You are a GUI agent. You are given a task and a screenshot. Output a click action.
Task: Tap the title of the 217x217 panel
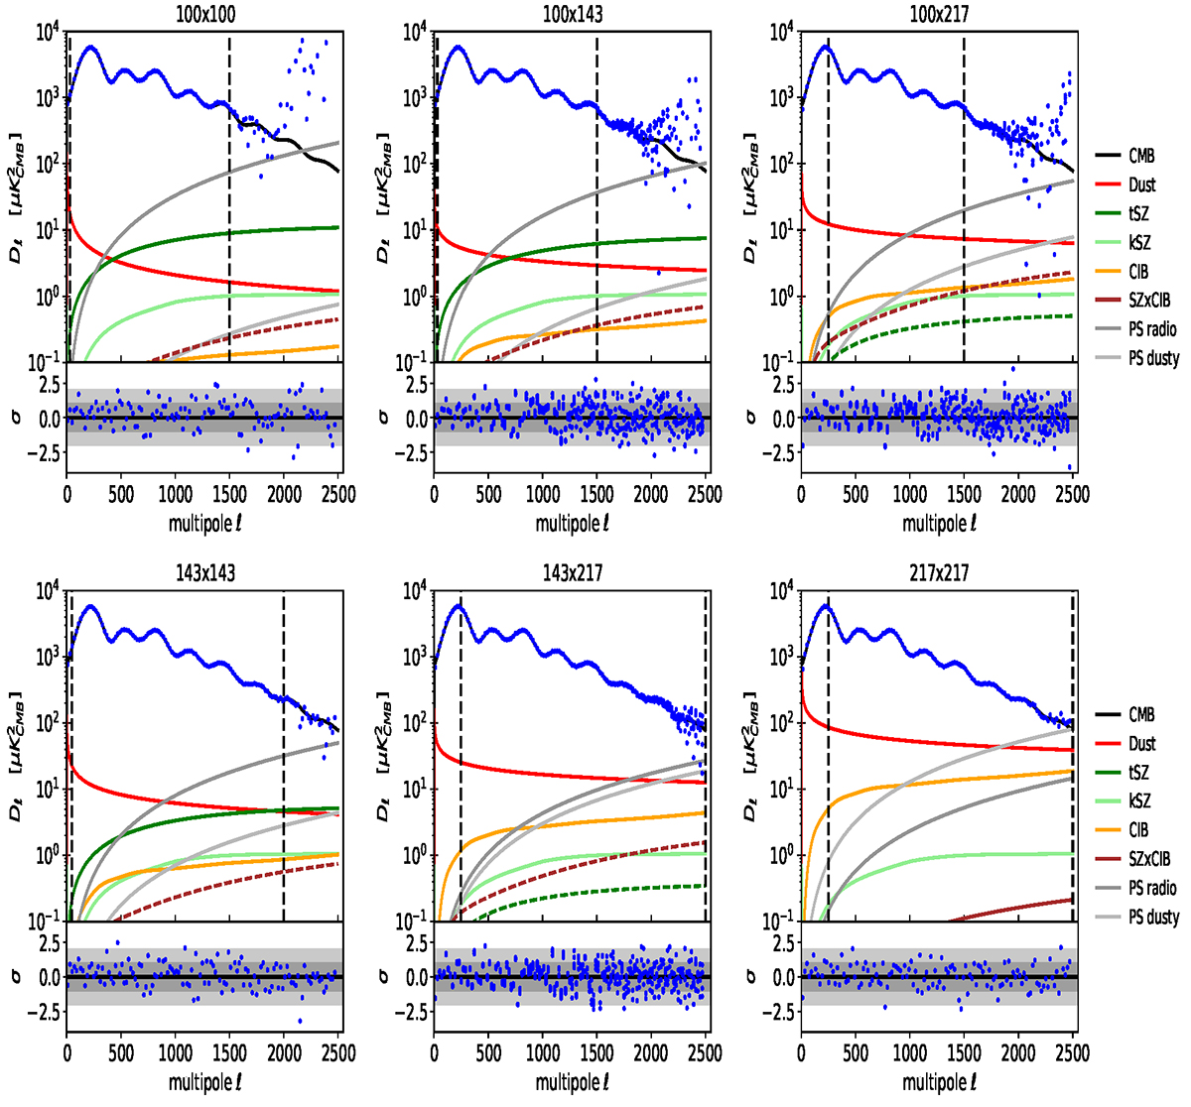point(939,573)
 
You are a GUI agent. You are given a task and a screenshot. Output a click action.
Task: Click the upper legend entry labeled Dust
point(1141,184)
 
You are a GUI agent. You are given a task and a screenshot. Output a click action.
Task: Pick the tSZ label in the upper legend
point(1140,213)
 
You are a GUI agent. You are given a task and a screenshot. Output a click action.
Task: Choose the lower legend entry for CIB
point(1139,830)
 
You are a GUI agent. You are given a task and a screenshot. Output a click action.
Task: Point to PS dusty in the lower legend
point(1153,918)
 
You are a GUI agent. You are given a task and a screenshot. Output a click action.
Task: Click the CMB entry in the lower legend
point(1141,714)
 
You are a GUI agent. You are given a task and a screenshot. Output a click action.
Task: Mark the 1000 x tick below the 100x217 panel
point(909,494)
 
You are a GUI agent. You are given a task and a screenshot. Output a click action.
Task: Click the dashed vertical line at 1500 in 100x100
point(229,198)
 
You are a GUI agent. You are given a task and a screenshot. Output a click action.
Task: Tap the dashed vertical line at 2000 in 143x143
point(284,754)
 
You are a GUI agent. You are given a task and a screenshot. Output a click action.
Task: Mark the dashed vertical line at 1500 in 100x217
point(964,198)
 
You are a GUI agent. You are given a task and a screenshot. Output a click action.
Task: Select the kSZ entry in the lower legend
point(1139,801)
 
